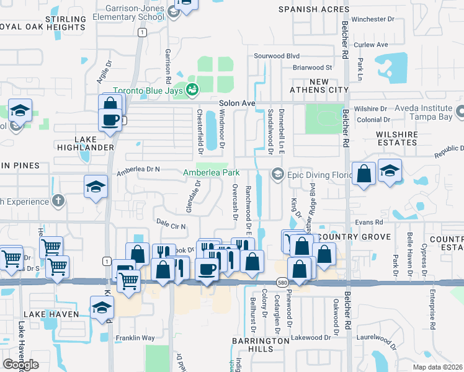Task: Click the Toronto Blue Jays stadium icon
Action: point(192,90)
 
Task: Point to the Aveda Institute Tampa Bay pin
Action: point(460,112)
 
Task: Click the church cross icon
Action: point(58,200)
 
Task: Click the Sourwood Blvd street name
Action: point(277,56)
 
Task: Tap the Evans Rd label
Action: point(369,221)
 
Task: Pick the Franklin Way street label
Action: point(135,338)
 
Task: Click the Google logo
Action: point(20,365)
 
